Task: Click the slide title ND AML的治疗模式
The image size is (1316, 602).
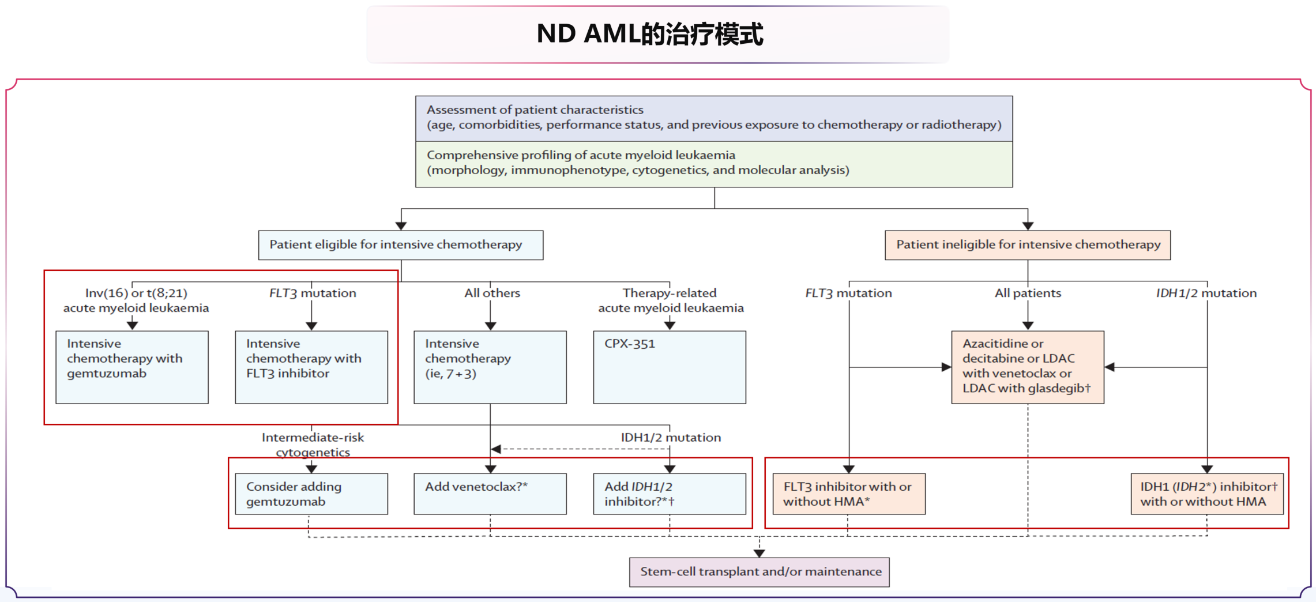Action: click(x=650, y=34)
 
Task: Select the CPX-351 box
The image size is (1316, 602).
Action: click(x=669, y=367)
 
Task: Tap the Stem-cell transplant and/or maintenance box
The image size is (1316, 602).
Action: click(x=759, y=572)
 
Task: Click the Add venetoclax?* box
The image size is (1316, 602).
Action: click(x=490, y=494)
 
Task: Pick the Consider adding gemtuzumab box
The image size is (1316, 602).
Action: click(x=311, y=494)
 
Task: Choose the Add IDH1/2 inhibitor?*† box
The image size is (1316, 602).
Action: click(x=669, y=494)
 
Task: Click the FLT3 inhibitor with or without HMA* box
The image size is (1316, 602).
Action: click(x=848, y=494)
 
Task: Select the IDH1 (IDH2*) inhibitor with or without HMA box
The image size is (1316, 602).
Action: click(x=1207, y=494)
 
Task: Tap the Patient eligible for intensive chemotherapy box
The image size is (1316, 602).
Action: click(x=400, y=245)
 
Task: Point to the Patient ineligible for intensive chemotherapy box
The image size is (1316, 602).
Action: click(x=1028, y=245)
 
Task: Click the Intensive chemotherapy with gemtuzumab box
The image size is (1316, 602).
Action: click(x=132, y=367)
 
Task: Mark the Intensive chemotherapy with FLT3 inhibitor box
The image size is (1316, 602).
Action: click(x=311, y=367)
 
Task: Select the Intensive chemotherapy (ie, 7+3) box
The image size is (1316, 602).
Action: click(x=490, y=367)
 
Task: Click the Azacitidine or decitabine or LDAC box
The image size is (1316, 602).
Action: click(x=1028, y=367)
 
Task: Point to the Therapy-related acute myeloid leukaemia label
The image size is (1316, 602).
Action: click(x=670, y=300)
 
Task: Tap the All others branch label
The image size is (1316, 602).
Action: click(x=492, y=293)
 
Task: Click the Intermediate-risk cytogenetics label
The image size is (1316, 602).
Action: click(x=313, y=445)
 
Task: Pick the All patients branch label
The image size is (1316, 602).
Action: click(x=1028, y=293)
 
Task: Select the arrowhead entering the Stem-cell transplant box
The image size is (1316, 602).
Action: click(x=759, y=553)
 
